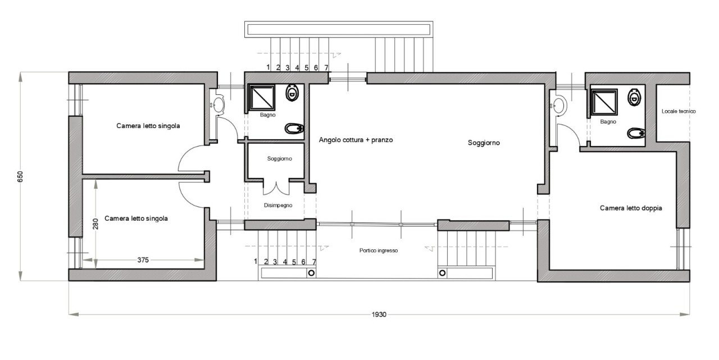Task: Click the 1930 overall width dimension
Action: pos(379,315)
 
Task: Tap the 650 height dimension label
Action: pos(20,176)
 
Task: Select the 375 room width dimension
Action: pos(143,260)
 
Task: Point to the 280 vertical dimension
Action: pos(95,224)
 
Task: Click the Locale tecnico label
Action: pos(679,111)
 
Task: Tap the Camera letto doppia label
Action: pos(631,208)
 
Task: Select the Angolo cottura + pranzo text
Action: pos(356,140)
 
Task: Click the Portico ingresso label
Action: pos(379,250)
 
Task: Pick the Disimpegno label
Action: pos(278,206)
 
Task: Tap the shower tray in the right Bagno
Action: pos(604,102)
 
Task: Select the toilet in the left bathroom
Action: pos(292,93)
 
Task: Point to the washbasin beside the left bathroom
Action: pos(219,103)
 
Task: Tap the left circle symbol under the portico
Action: pos(311,273)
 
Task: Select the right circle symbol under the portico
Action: pos(442,273)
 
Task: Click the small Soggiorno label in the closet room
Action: pos(280,158)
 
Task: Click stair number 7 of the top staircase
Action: pos(326,68)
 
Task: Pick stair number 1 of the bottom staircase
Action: pos(256,261)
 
